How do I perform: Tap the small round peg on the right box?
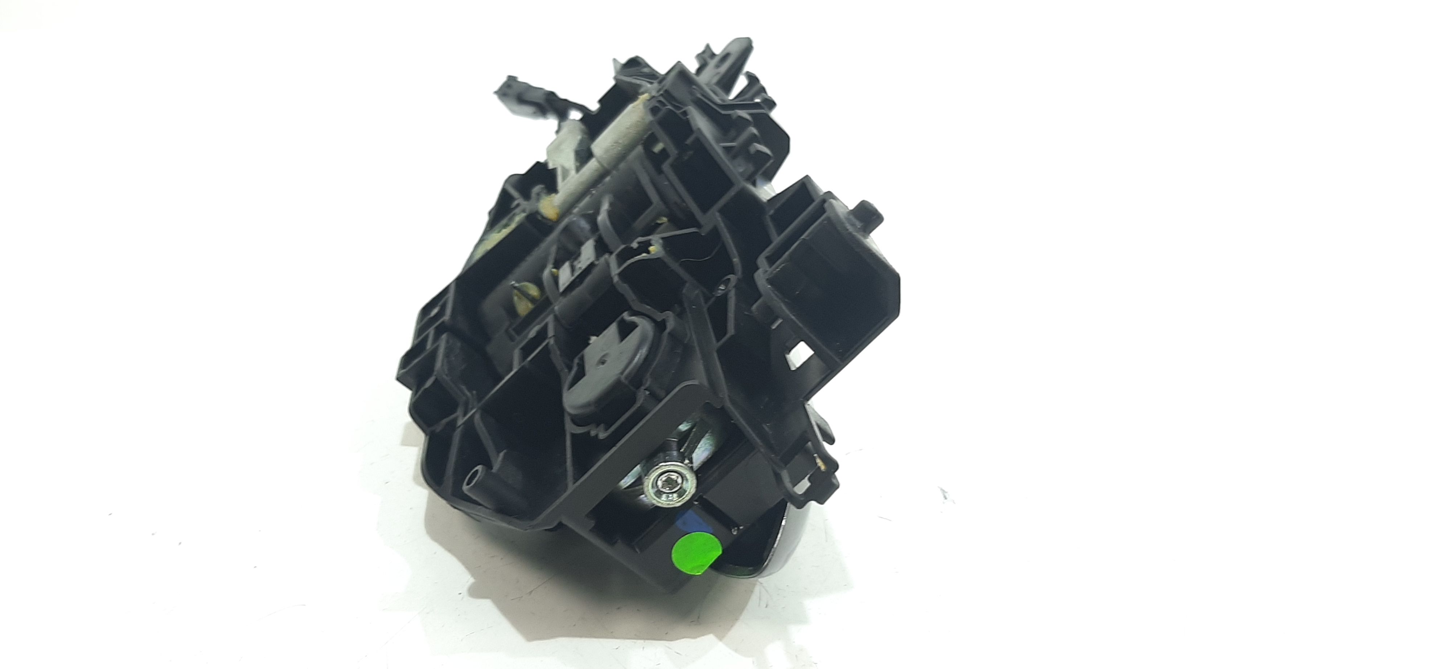870,213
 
